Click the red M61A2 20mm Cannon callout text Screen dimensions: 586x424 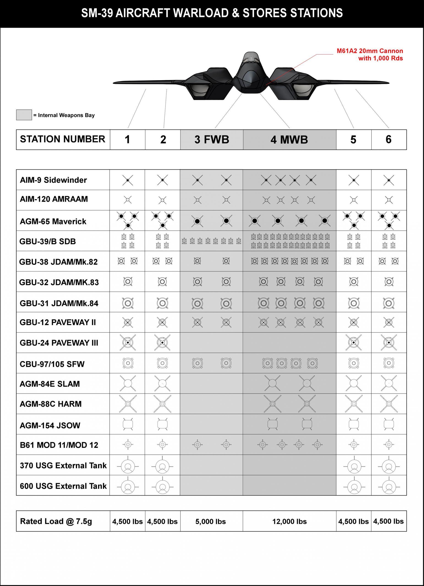pyautogui.click(x=370, y=54)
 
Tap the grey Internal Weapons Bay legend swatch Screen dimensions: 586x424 pyautogui.click(x=24, y=115)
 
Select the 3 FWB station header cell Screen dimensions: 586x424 pyautogui.click(x=212, y=140)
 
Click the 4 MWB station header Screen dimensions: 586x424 pyautogui.click(x=289, y=140)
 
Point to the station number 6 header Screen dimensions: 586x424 pyautogui.click(x=388, y=140)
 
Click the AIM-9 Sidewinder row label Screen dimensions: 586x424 pyautogui.click(x=53, y=180)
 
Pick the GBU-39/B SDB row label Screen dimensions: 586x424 pyautogui.click(x=48, y=241)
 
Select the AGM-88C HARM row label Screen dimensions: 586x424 pyautogui.click(x=51, y=404)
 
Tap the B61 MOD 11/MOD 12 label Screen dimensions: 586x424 pyautogui.click(x=59, y=445)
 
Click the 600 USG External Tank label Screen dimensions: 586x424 pyautogui.click(x=63, y=486)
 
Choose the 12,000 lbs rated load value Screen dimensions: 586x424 pyautogui.click(x=289, y=521)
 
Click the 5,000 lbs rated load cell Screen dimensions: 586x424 pyautogui.click(x=211, y=521)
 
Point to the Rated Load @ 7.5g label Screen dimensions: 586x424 pyautogui.click(x=56, y=521)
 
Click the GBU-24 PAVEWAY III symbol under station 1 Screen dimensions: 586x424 pyautogui.click(x=128, y=343)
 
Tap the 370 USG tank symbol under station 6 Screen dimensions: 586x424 pyautogui.click(x=388, y=466)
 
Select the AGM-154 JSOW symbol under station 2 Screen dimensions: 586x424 pyautogui.click(x=162, y=424)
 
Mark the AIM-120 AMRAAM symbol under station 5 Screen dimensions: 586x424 pyautogui.click(x=353, y=200)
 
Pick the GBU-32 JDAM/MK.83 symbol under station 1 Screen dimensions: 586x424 pyautogui.click(x=128, y=281)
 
